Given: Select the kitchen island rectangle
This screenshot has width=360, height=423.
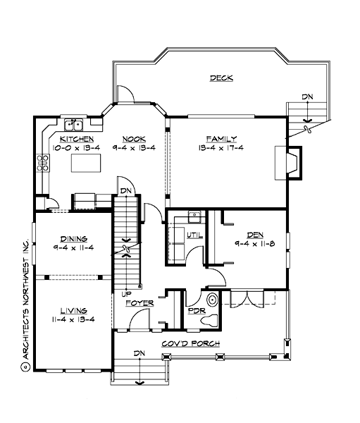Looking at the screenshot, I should click(86, 164).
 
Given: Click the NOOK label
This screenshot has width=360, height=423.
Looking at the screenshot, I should click(134, 139).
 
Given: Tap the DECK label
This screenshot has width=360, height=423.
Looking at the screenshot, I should click(221, 78).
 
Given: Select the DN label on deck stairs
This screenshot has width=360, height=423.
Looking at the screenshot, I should click(307, 96).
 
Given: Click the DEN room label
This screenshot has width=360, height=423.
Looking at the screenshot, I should click(254, 235).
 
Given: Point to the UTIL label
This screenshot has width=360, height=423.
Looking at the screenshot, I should click(194, 235).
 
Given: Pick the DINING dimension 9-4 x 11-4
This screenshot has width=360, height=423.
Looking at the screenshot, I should click(73, 247).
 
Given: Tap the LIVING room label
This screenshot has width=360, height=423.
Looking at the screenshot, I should click(73, 309).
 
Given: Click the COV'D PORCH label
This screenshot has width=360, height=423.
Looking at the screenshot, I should click(190, 343).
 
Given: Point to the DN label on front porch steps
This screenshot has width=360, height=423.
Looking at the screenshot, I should click(139, 352).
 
